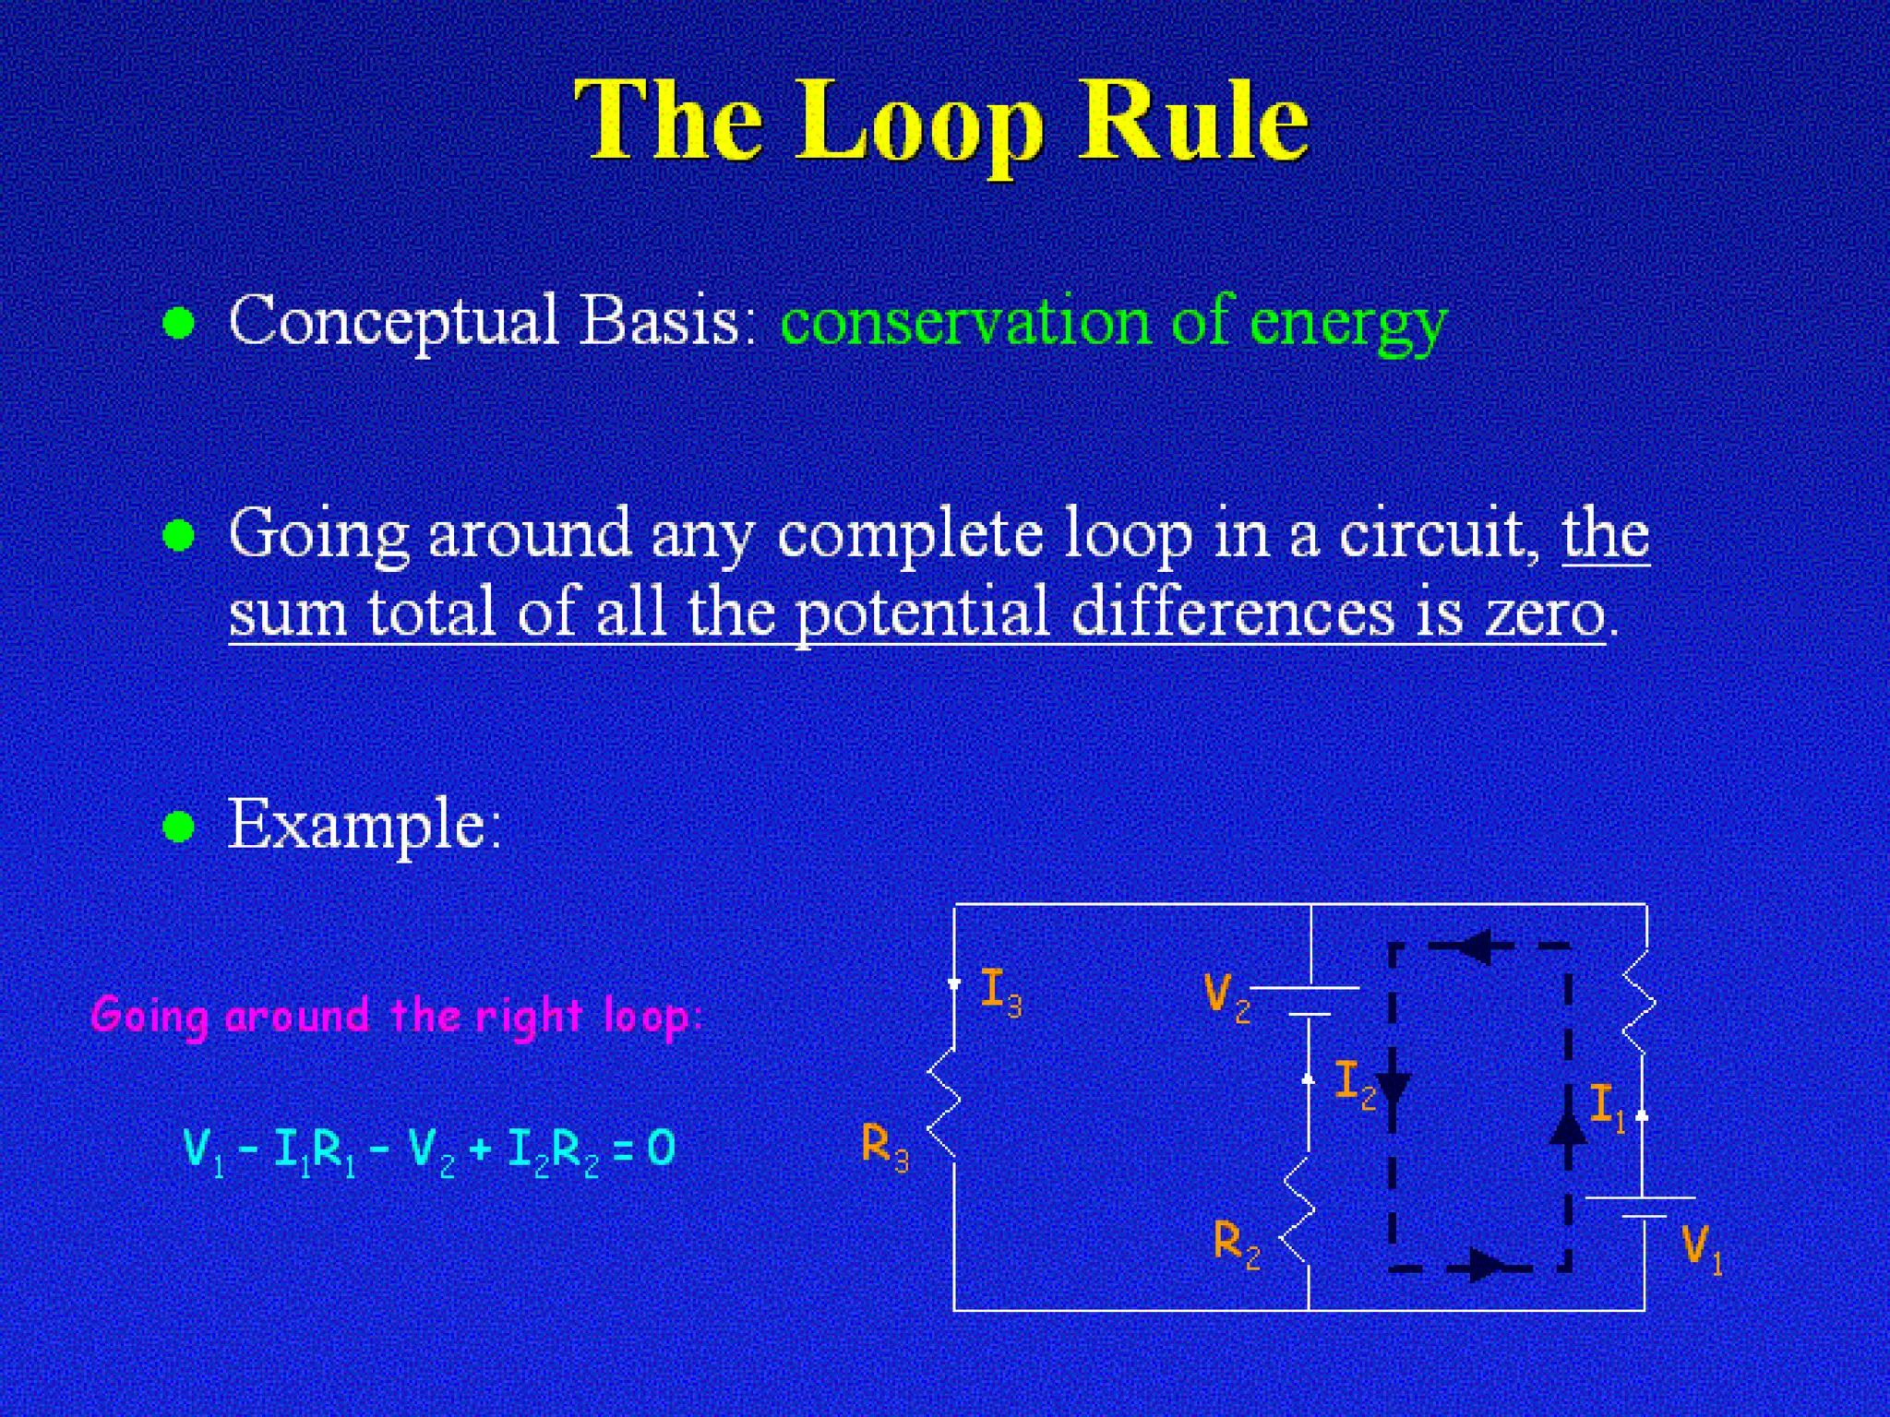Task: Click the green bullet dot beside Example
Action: tap(178, 827)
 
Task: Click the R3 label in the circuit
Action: tap(884, 1147)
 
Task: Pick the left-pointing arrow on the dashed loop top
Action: tap(1476, 946)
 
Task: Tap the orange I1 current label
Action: tap(1607, 1106)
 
